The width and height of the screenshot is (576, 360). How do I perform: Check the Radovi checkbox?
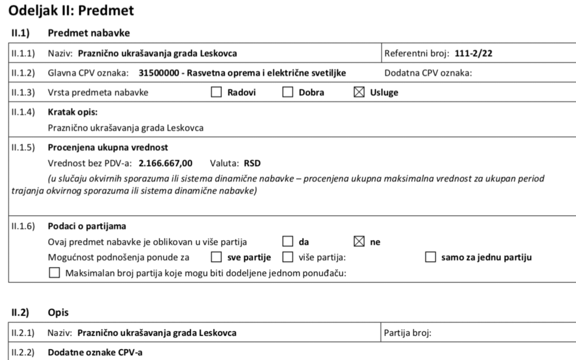pyautogui.click(x=216, y=93)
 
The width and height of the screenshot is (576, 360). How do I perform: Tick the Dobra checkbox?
pyautogui.click(x=287, y=93)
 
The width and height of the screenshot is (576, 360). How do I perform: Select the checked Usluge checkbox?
pyautogui.click(x=357, y=93)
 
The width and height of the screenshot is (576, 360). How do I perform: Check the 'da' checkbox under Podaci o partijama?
pyautogui.click(x=287, y=242)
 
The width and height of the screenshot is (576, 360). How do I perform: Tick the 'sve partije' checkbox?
pyautogui.click(x=216, y=257)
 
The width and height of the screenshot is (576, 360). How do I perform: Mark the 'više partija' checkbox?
pyautogui.click(x=287, y=257)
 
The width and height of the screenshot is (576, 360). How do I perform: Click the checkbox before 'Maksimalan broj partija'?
pyautogui.click(x=54, y=273)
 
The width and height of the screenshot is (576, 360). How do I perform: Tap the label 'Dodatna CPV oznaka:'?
pyautogui.click(x=428, y=73)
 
